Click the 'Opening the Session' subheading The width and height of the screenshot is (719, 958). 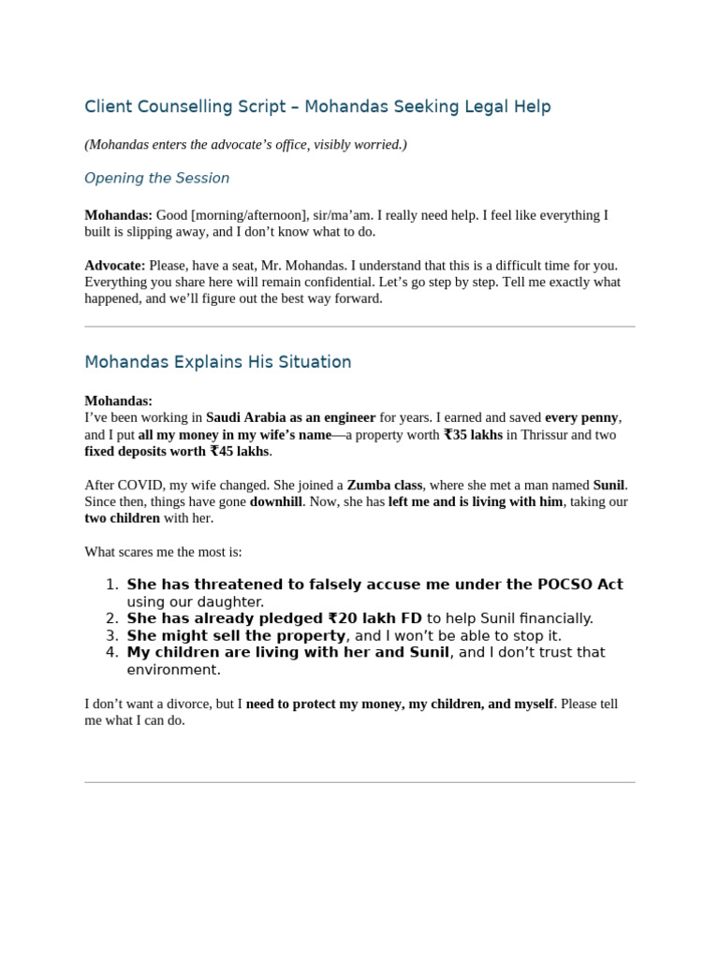(156, 179)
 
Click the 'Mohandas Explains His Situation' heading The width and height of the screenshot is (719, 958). (218, 362)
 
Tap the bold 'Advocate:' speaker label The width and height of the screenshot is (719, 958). (115, 266)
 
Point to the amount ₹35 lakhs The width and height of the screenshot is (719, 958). (473, 435)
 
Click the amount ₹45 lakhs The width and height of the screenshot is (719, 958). (239, 452)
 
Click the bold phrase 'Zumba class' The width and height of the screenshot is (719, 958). (384, 485)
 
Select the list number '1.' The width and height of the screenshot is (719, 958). (111, 585)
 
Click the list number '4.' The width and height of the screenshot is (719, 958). (111, 652)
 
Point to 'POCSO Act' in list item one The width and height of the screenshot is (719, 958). (580, 585)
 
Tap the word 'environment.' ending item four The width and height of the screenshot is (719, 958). (173, 670)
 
